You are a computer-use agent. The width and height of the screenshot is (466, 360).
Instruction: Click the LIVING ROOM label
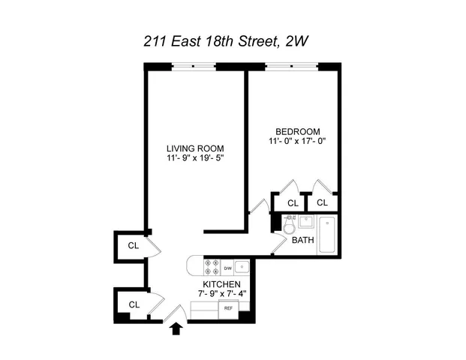point(195,147)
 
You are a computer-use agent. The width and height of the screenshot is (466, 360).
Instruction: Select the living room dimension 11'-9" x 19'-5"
point(195,158)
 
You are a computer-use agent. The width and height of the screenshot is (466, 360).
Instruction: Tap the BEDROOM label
point(298,129)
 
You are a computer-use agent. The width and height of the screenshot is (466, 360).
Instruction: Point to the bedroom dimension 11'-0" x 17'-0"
point(298,140)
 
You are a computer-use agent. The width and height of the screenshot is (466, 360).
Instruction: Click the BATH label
point(302,241)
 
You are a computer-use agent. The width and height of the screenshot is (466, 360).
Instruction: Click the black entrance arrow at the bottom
point(177,327)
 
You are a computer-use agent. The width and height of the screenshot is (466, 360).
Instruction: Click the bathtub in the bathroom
point(328,234)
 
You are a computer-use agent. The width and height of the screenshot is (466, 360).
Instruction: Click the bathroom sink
point(305,222)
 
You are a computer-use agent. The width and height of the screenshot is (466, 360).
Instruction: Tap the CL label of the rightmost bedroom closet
point(322,202)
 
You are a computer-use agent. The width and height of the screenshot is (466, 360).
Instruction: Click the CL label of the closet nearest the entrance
point(134,304)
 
